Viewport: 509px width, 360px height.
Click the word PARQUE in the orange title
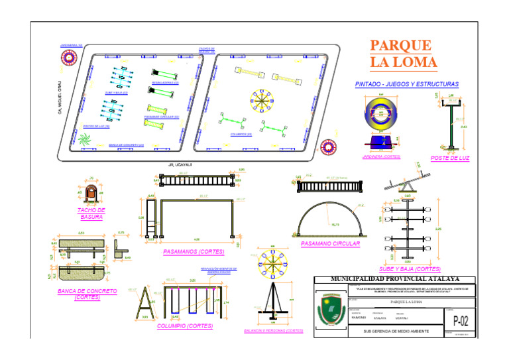(x=400, y=46)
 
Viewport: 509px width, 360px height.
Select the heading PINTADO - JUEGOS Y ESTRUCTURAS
(x=406, y=85)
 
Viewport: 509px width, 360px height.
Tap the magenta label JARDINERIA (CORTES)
(x=382, y=157)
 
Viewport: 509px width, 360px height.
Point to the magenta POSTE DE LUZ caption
(x=449, y=158)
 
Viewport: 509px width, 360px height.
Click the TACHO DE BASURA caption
(x=91, y=213)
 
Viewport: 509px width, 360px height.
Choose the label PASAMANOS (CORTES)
(x=194, y=252)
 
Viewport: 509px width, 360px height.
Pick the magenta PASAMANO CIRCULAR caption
(x=329, y=244)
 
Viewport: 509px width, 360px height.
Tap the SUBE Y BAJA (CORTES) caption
(x=409, y=269)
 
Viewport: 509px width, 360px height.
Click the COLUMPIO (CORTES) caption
(x=186, y=326)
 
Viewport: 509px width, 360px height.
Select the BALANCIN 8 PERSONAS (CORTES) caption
(x=273, y=330)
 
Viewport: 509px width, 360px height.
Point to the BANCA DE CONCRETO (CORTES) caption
(x=87, y=294)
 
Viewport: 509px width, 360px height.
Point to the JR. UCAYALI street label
(x=180, y=164)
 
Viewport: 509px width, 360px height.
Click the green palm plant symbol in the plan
(x=84, y=141)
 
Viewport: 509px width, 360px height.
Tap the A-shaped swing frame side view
(x=144, y=304)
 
